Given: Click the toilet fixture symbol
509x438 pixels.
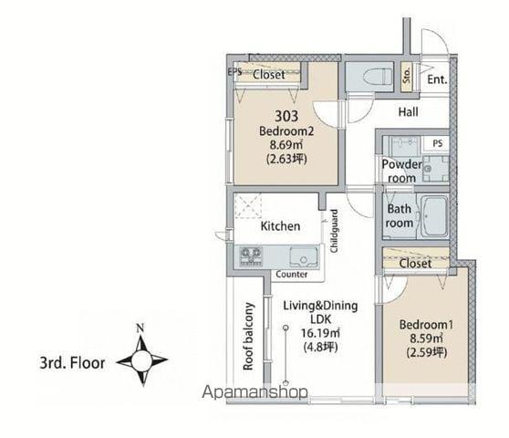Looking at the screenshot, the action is pyautogui.click(x=378, y=78).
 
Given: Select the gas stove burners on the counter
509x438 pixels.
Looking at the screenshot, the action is pyautogui.click(x=251, y=256).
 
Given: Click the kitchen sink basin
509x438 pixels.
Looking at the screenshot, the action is pyautogui.click(x=303, y=256).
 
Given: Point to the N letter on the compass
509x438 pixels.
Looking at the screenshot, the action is pyautogui.click(x=140, y=328).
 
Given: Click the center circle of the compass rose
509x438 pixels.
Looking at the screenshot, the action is pyautogui.click(x=142, y=360).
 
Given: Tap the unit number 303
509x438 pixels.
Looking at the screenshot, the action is pyautogui.click(x=286, y=116).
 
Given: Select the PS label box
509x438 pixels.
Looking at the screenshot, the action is pyautogui.click(x=437, y=143).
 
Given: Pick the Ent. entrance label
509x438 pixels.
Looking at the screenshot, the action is pyautogui.click(x=437, y=79).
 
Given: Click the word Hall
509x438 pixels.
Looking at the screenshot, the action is pyautogui.click(x=408, y=112).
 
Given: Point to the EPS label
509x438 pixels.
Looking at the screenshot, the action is pyautogui.click(x=234, y=71).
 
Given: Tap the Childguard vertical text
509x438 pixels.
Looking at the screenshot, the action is pyautogui.click(x=334, y=231).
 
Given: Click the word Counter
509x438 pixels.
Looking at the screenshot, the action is pyautogui.click(x=292, y=275).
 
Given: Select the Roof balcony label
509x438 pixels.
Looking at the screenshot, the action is pyautogui.click(x=248, y=337).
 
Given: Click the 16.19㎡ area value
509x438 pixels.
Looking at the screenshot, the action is pyautogui.click(x=320, y=333).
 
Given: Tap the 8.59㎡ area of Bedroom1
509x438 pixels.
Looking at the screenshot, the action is pyautogui.click(x=426, y=339).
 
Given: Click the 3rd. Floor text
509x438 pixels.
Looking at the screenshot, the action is pyautogui.click(x=72, y=363).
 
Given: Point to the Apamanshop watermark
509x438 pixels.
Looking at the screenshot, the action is pyautogui.click(x=254, y=392).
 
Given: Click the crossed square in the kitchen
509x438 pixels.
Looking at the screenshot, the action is pyautogui.click(x=248, y=206).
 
